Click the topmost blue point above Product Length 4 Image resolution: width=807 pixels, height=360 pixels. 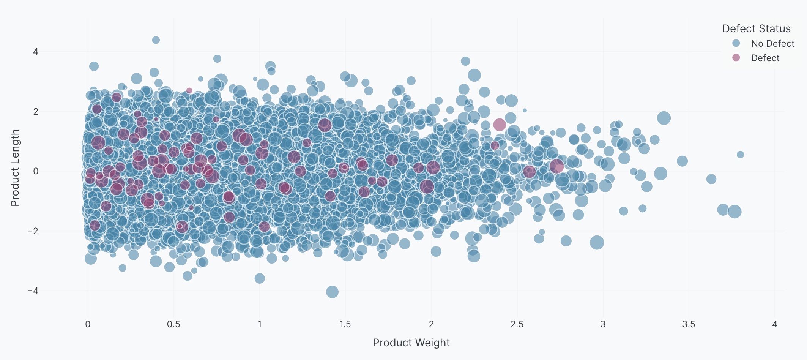tap(156, 40)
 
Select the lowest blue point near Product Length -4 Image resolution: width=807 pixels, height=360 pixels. tap(332, 292)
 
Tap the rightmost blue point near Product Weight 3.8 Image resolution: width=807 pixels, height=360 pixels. tap(740, 155)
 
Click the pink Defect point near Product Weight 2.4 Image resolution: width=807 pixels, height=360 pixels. tap(500, 124)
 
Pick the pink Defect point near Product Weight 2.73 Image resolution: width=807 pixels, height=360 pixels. tap(556, 166)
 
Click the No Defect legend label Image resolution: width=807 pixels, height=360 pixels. tap(772, 44)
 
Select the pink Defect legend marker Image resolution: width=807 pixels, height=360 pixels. tap(736, 58)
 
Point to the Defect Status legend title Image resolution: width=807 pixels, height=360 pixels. tap(756, 28)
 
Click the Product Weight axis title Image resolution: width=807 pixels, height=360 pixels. tap(411, 343)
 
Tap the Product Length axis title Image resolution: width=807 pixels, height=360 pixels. tap(15, 168)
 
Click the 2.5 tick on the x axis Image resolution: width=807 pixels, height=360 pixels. tap(517, 324)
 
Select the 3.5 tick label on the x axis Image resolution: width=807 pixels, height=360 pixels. tap(688, 324)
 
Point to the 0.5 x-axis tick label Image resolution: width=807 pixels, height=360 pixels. tap(173, 324)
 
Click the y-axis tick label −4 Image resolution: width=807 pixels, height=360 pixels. tap(33, 291)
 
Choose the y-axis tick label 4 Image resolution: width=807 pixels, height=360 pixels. tap(36, 51)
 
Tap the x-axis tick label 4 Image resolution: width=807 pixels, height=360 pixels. tap(774, 324)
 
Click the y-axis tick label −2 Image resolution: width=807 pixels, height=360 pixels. tap(33, 231)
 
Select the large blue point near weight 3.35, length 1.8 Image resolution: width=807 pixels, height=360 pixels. tap(664, 118)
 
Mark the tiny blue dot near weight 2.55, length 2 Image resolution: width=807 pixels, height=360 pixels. tap(525, 111)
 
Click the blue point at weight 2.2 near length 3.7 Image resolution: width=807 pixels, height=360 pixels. tap(465, 61)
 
